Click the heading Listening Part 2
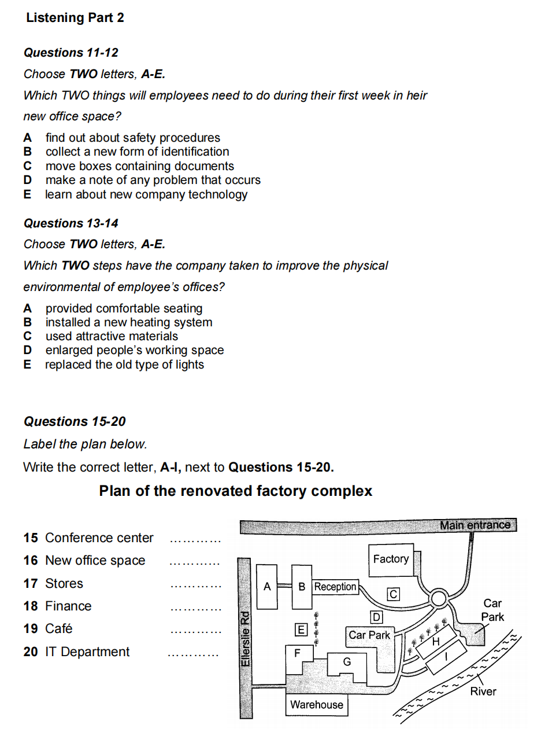coord(75,18)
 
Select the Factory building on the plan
coord(391,559)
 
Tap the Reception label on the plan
coord(335,587)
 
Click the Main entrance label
coord(475,525)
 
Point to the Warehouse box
coord(317,705)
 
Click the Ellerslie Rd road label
coord(245,639)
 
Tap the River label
coord(483,691)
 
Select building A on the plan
coord(266,587)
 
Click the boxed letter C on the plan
coord(393,594)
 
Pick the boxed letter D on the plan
coord(376,617)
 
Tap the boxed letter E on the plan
coord(301,629)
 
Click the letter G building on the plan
coord(347,661)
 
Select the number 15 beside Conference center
coord(31,538)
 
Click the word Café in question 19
coord(58,629)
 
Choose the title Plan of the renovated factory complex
coord(235,491)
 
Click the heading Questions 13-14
coord(71,223)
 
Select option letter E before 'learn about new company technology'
coord(27,194)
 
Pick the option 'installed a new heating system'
coord(129,322)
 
